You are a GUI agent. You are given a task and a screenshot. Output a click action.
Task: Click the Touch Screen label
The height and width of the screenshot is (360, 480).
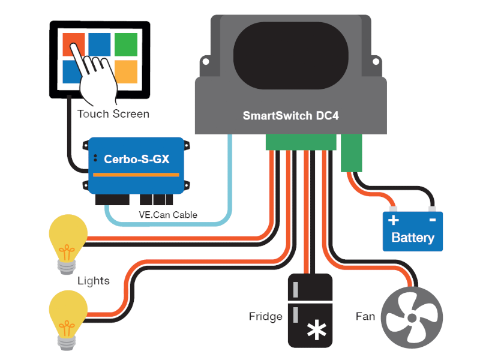point(113,113)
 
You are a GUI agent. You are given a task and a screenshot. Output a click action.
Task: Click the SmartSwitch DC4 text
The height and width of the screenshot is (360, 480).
point(290,116)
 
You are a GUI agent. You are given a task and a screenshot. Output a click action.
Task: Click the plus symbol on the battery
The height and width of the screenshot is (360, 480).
point(394,220)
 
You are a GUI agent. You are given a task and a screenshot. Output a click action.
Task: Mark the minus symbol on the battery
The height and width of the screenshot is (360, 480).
point(432,220)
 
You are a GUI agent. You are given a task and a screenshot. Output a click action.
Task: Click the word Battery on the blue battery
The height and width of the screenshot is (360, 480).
point(412,238)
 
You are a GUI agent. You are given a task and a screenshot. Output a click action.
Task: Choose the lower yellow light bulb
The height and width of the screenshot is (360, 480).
point(67,313)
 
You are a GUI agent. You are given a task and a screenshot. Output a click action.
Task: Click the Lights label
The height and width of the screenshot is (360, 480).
point(94,281)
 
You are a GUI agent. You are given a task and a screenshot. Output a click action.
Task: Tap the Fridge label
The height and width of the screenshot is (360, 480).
point(265,316)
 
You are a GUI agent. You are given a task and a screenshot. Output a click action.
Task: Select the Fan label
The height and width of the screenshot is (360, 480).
point(365,316)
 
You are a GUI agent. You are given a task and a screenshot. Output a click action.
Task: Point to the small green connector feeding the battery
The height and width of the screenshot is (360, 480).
point(352,152)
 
